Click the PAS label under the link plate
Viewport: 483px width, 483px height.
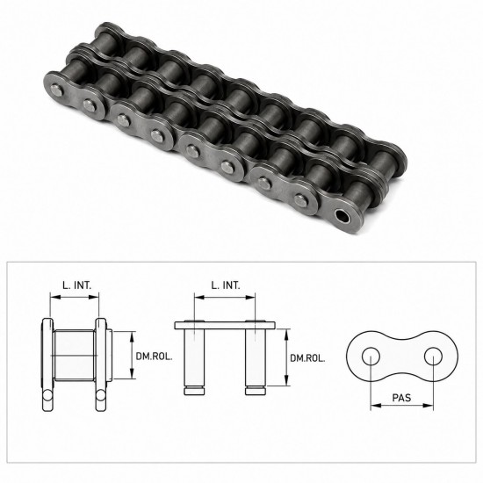pos(401,398)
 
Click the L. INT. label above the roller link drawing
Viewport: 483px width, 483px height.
pos(77,285)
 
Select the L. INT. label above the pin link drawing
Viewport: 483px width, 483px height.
pos(226,285)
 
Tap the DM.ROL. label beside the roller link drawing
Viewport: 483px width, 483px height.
pos(154,357)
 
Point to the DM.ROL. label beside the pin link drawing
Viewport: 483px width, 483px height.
pos(307,358)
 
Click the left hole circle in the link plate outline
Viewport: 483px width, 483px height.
pos(371,357)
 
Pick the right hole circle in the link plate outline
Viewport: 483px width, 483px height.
pos(433,357)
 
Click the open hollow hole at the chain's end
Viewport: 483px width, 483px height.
pos(342,216)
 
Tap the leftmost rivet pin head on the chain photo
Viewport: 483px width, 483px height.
pos(57,90)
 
